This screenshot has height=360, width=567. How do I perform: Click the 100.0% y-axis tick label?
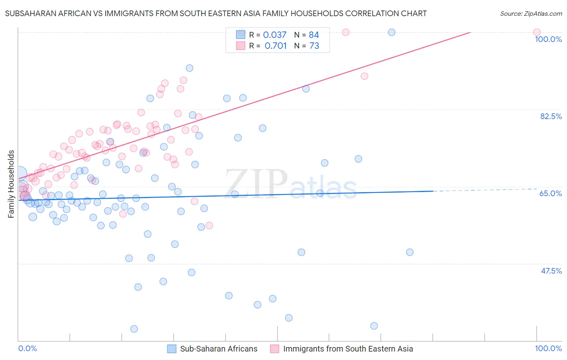tap(548, 39)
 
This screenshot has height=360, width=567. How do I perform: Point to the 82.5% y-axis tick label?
tap(551, 116)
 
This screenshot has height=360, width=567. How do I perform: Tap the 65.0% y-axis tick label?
tap(550, 193)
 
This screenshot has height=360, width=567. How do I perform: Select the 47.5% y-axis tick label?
tap(551, 271)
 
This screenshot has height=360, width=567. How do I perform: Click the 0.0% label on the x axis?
tap(27, 348)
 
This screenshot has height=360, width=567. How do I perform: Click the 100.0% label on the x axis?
tap(548, 348)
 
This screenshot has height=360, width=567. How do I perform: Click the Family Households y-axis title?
tap(11, 184)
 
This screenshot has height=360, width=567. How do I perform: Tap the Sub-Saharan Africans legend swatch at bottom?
tap(172, 349)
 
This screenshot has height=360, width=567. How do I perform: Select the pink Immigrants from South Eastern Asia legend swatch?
tap(275, 349)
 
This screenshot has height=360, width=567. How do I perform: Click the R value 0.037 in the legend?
tap(275, 35)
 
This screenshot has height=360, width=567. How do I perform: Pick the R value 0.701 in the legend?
tap(275, 46)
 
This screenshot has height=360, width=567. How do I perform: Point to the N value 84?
tap(314, 35)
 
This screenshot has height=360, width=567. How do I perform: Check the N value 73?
tap(314, 46)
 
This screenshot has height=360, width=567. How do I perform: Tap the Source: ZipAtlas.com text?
tap(531, 13)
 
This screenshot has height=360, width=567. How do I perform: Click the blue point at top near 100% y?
tap(392, 32)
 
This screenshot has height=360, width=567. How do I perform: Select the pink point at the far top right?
tap(537, 32)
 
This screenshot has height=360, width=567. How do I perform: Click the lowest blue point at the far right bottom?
tap(374, 326)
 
